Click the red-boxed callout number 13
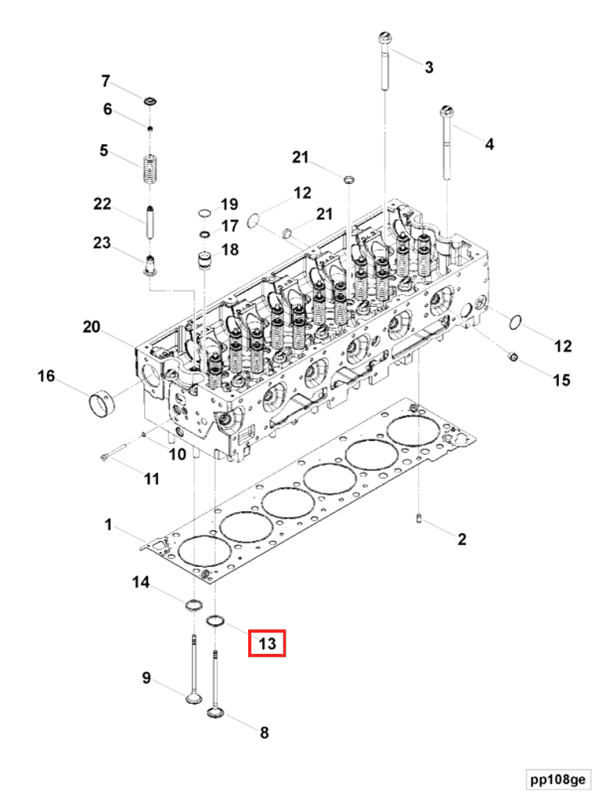tap(267, 643)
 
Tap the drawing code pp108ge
tap(556, 780)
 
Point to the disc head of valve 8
tap(216, 712)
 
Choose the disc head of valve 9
tap(193, 696)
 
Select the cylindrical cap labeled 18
tap(204, 258)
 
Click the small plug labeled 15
tap(512, 359)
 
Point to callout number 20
tap(92, 327)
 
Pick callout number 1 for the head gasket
tap(109, 524)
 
